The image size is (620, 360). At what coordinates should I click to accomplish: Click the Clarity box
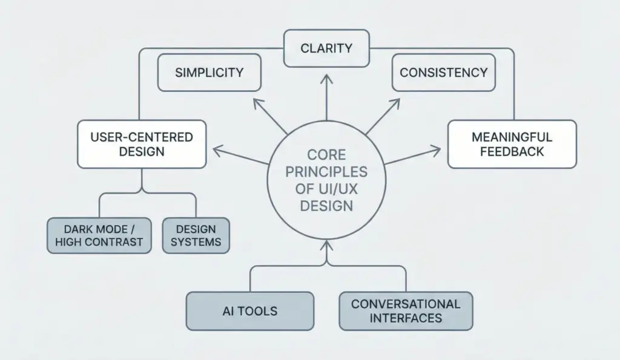(x=326, y=48)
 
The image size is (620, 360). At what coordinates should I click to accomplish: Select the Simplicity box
(x=209, y=73)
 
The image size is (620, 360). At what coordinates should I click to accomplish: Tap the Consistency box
(x=443, y=73)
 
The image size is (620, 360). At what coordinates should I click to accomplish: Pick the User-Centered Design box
(x=142, y=144)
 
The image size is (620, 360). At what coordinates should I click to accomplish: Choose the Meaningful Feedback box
(x=512, y=144)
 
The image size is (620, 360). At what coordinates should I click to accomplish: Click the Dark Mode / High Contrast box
(x=99, y=236)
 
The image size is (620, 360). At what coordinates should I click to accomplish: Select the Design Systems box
(x=196, y=236)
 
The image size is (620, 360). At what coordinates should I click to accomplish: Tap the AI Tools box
(x=249, y=311)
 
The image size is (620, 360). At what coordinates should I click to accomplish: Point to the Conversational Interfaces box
(x=406, y=311)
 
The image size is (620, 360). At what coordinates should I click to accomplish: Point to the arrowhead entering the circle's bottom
(x=326, y=246)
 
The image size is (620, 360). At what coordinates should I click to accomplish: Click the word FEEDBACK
(x=512, y=151)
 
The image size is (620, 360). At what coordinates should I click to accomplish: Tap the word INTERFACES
(x=406, y=318)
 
